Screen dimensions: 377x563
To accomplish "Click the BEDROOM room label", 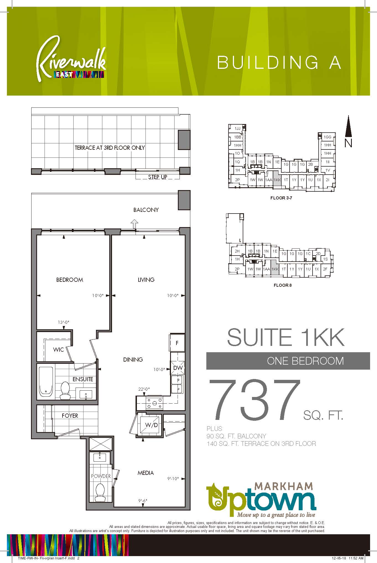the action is click(70, 280).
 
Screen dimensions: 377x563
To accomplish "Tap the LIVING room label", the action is click(146, 280).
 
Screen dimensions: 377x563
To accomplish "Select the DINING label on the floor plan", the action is click(133, 360).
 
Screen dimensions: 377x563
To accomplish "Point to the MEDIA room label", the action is click(146, 473).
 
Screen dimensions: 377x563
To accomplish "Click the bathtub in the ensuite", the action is click(46, 382).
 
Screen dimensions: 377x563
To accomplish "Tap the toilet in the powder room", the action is click(100, 492).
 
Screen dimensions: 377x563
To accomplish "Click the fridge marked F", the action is click(177, 343).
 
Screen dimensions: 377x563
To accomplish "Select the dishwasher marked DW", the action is click(178, 368).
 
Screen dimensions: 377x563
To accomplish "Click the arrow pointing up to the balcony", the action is click(134, 223).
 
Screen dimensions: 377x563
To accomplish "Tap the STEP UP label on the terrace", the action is click(158, 177).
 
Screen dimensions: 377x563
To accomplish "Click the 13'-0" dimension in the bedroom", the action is click(63, 322).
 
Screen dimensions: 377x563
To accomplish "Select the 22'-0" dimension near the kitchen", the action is click(144, 389).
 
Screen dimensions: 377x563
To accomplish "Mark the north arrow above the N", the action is click(349, 126).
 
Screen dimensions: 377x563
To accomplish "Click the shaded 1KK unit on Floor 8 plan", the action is click(275, 267).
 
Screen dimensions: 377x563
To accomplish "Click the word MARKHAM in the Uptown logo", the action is click(284, 494).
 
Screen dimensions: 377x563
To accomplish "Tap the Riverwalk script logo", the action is click(71, 59).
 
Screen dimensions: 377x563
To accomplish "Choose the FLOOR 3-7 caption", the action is click(281, 198).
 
